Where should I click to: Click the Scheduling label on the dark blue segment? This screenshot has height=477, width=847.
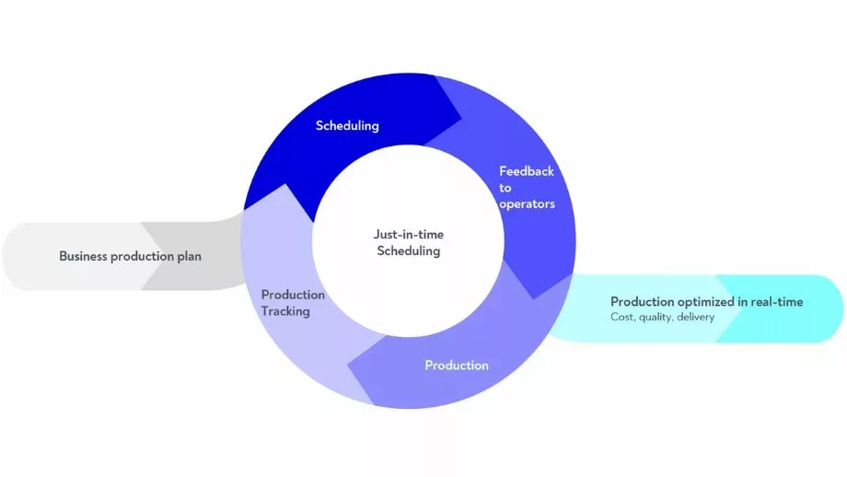tap(347, 125)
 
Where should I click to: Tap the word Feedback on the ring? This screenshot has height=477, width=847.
tap(527, 171)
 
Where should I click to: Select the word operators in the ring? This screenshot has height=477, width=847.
tap(527, 204)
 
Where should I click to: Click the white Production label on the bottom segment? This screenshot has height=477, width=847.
tap(457, 366)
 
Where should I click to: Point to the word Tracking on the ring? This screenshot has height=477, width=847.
tap(285, 311)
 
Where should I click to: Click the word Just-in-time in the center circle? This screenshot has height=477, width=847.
tap(409, 234)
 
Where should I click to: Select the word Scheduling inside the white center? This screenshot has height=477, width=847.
tap(409, 250)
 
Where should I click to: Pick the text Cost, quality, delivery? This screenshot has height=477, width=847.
tap(663, 317)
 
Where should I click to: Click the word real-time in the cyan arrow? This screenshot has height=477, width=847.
tap(775, 302)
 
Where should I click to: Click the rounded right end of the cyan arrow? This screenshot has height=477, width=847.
tap(840, 309)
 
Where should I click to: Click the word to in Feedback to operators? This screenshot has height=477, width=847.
tap(505, 188)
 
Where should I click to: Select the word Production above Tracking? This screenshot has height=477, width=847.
tap(293, 295)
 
